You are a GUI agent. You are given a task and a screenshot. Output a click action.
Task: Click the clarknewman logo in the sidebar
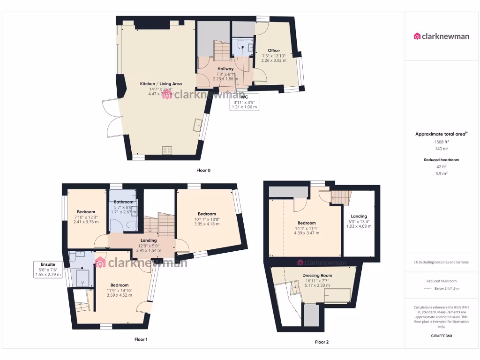(x=442, y=36)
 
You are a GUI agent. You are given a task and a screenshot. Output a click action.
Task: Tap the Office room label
(x=274, y=51)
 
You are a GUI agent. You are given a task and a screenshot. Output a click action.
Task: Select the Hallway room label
(x=225, y=69)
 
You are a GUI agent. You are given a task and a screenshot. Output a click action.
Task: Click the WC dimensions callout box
(x=244, y=102)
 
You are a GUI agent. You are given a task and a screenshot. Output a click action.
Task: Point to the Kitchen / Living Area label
(x=161, y=84)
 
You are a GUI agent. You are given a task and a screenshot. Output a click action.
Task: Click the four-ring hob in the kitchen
(x=167, y=150)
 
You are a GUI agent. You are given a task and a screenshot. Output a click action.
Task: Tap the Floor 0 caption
(x=203, y=170)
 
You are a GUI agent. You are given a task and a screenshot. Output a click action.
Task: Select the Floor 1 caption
(x=141, y=339)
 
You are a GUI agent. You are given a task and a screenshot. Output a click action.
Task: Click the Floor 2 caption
(x=322, y=342)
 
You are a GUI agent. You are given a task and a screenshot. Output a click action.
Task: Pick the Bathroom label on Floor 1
(x=124, y=202)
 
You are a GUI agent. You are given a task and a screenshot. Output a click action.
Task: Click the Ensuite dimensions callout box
(x=48, y=270)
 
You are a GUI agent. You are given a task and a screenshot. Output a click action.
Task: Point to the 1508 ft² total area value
(x=441, y=142)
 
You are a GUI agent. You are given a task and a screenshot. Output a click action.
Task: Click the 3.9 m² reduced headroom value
(x=441, y=173)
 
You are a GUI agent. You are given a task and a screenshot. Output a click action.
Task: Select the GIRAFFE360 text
(x=441, y=336)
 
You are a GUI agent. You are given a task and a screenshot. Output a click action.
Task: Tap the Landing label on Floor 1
(x=149, y=241)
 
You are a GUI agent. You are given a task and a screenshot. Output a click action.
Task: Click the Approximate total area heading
(x=441, y=134)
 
